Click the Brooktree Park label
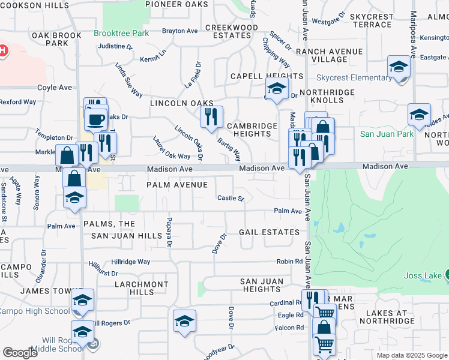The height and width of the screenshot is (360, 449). point(121,34)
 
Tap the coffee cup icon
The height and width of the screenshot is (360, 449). point(95,119)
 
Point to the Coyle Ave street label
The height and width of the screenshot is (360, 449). point(55,88)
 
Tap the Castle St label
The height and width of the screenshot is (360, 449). point(231,198)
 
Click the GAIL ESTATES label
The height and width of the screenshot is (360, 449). point(269,232)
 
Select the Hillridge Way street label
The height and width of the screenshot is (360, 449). point(131,262)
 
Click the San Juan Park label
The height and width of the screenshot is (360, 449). point(387,134)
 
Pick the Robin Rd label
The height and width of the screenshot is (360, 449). point(289,262)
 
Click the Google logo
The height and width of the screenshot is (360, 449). point(20,352)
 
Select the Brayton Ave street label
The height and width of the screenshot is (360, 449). point(179,31)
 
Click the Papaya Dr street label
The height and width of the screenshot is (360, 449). point(169,232)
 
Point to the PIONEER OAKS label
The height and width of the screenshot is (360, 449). point(178,4)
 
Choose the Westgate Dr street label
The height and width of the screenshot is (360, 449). point(330,20)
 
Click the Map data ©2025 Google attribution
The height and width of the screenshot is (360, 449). point(411,355)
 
